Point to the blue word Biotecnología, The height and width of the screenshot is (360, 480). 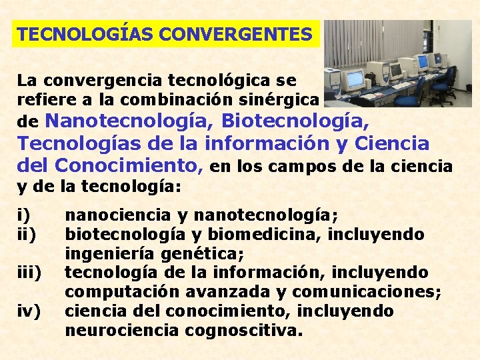[295, 121]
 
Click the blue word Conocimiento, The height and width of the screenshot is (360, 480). [129, 164]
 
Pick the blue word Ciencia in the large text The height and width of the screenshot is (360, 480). [393, 143]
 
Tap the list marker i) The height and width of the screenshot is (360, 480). [23, 215]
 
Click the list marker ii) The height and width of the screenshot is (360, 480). [26, 235]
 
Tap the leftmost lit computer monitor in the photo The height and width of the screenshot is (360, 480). [355, 79]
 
